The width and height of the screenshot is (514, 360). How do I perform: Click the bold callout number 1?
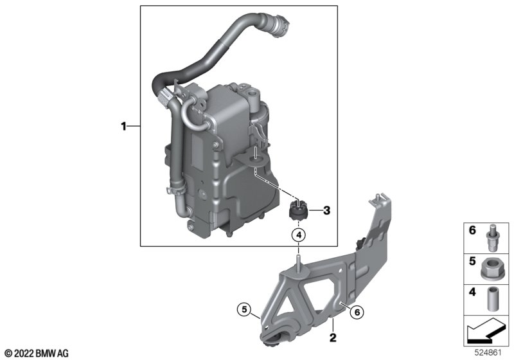pyautogui.click(x=123, y=126)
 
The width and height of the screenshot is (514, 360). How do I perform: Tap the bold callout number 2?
pyautogui.click(x=333, y=337)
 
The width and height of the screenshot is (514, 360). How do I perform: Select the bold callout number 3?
pyautogui.click(x=326, y=210)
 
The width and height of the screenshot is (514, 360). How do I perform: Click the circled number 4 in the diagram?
pyautogui.click(x=298, y=235)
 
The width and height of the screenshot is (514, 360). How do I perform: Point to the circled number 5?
pyautogui.click(x=244, y=309)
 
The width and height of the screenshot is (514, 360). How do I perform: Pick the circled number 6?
pyautogui.click(x=357, y=312)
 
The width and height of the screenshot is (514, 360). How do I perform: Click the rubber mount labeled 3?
pyautogui.click(x=297, y=212)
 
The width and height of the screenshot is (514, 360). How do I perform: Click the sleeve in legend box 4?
pyautogui.click(x=492, y=299)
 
